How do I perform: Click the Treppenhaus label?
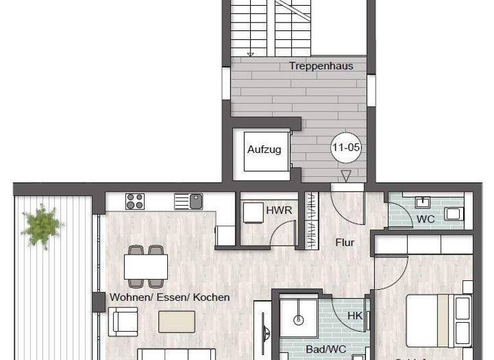tap(320, 66)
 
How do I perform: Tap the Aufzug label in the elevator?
tap(264, 149)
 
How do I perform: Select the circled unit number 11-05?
tap(345, 147)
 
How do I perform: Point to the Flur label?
tap(345, 242)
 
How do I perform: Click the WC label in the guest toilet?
tap(425, 219)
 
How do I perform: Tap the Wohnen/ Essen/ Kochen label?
tap(170, 297)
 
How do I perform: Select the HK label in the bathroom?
tap(355, 316)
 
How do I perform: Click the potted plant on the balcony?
tap(42, 225)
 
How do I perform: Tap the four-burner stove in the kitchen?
tap(135, 201)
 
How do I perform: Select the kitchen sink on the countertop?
tap(188, 201)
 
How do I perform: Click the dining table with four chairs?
tap(146, 266)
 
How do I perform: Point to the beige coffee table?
tap(176, 321)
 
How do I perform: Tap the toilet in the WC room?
tap(455, 213)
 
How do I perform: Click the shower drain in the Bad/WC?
tap(299, 319)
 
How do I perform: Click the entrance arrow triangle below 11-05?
tap(346, 175)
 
